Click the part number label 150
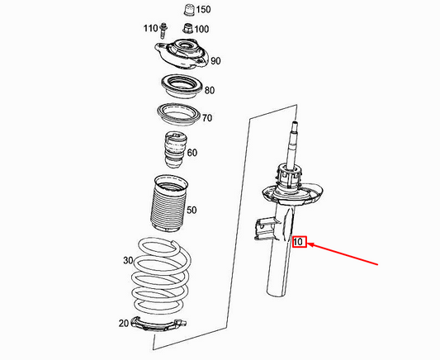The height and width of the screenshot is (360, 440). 203,10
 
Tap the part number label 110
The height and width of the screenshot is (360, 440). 149,29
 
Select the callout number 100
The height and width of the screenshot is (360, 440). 202,29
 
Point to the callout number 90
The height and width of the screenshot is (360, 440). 215,60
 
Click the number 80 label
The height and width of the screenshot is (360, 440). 209,90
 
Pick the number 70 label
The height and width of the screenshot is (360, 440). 206,119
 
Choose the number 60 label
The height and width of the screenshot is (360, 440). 192,152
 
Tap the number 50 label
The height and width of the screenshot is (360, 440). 192,211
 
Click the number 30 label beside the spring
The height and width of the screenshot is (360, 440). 127,260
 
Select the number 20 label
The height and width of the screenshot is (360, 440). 123,323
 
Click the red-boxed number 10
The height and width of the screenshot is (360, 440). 299,242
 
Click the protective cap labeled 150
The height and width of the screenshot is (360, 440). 186,11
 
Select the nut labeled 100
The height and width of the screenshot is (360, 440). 187,31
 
